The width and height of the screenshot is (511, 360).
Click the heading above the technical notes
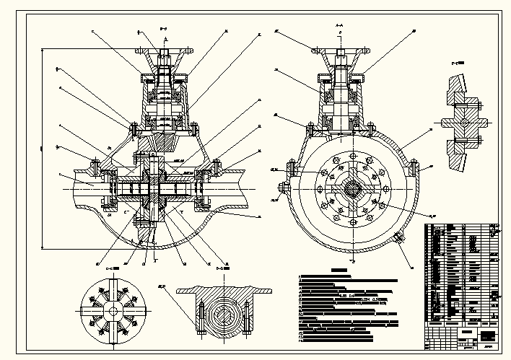point(338,271)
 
